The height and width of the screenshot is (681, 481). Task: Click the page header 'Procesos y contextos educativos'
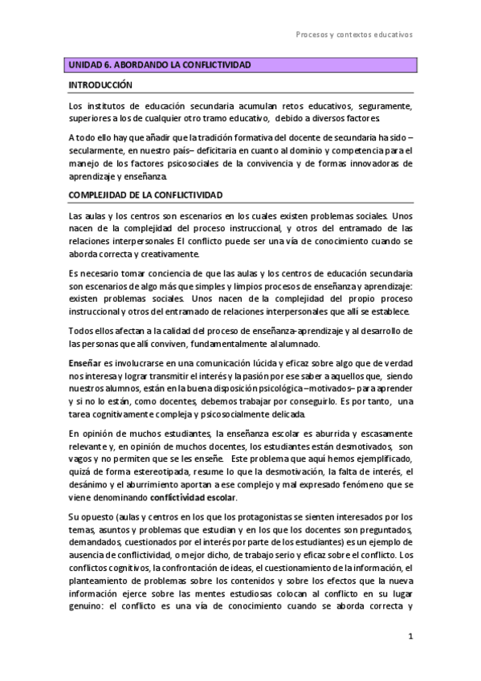click(x=353, y=35)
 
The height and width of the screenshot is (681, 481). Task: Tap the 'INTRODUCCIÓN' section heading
click(x=100, y=84)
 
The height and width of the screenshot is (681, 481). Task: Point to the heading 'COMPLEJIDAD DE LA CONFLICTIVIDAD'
click(x=145, y=195)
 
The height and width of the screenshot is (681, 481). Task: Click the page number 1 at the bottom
click(x=410, y=636)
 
